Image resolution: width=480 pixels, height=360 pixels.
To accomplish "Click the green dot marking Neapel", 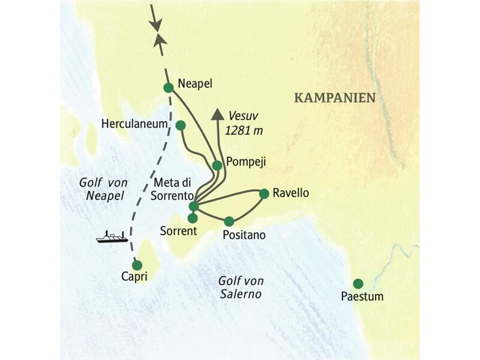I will [169, 88].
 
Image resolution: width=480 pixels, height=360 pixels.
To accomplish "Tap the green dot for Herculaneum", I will [180, 125].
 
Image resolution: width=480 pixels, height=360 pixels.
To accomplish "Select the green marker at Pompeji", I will [217, 165].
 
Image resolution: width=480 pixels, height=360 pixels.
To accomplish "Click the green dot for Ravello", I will [263, 193].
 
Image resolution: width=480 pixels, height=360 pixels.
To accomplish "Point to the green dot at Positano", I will [229, 221].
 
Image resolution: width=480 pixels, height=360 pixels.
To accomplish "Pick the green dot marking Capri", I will [137, 265].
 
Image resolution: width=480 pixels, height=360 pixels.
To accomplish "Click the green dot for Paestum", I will [358, 283].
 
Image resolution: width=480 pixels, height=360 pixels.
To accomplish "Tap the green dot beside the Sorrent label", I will [193, 218].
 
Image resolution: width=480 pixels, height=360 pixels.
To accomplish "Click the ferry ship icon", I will [112, 237].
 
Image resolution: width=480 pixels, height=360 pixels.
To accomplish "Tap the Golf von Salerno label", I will [241, 287].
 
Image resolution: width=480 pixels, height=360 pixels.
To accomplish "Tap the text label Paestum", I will [362, 296].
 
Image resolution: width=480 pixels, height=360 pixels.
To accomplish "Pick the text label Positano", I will [244, 235].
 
